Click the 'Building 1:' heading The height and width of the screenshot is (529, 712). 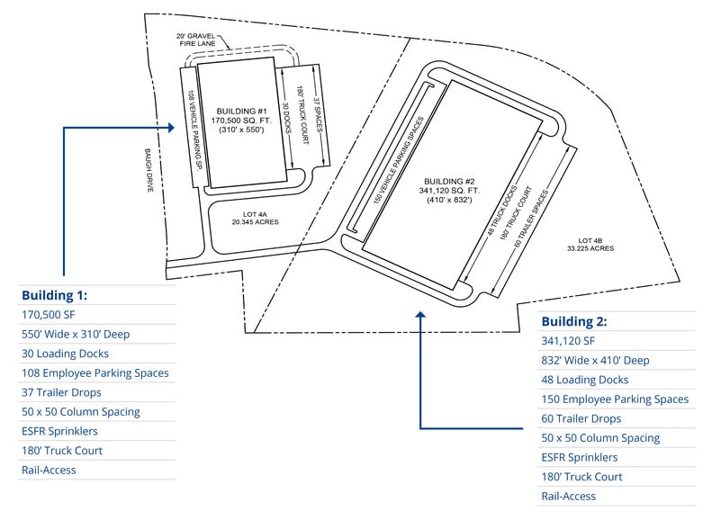(54, 295)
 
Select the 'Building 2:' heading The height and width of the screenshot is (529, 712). (572, 321)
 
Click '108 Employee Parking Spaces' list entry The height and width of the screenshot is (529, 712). (95, 372)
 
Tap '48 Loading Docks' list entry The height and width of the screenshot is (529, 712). (585, 380)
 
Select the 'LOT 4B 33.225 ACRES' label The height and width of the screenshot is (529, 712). (596, 245)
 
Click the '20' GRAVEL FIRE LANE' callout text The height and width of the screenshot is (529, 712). (197, 39)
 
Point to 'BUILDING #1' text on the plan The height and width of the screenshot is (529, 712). (237, 112)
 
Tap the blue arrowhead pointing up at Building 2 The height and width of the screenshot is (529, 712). (420, 314)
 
